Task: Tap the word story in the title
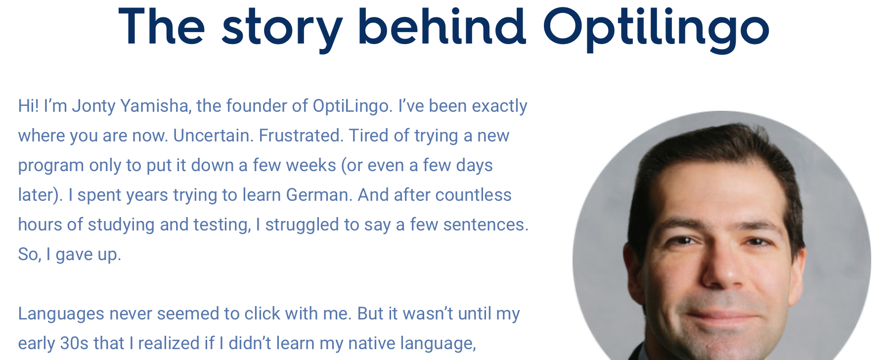click(282, 29)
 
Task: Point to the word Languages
click(61, 314)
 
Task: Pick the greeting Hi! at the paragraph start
click(28, 106)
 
